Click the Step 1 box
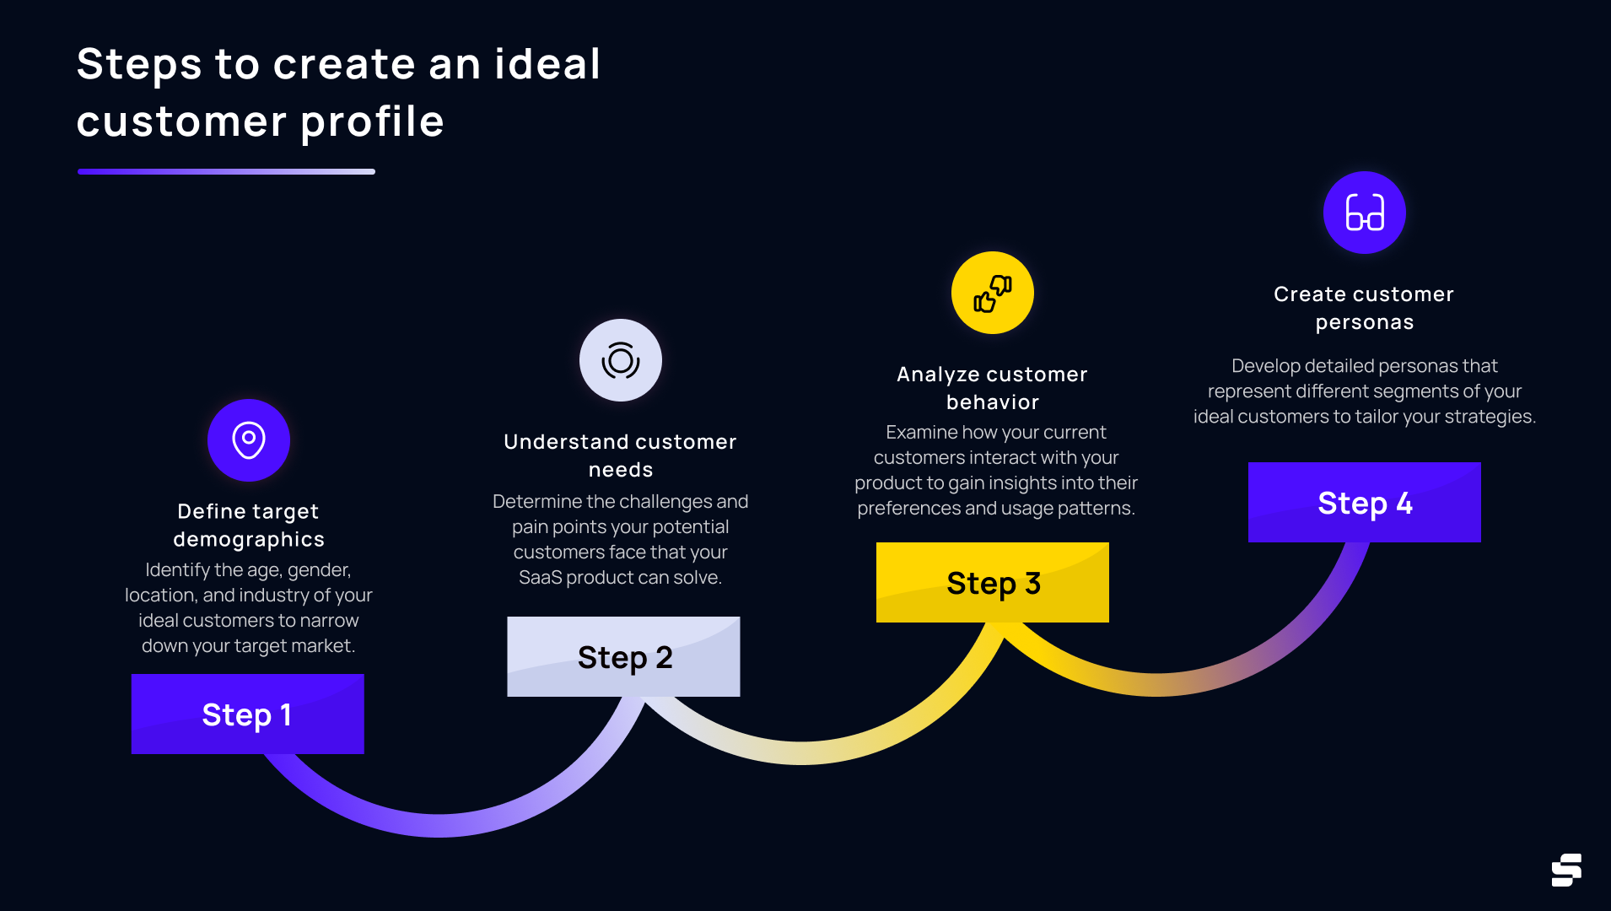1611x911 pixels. [x=247, y=714]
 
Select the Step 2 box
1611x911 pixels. [x=623, y=656]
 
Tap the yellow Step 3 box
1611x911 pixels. [x=992, y=582]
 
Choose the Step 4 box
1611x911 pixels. [x=1364, y=502]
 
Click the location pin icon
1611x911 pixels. [x=249, y=440]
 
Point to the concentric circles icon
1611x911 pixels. [x=621, y=360]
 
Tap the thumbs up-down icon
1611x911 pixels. [x=993, y=293]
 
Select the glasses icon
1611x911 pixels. [x=1365, y=213]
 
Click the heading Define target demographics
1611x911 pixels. [x=249, y=525]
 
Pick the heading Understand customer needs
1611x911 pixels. [x=620, y=455]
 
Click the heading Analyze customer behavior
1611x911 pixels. [x=992, y=388]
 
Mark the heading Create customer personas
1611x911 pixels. [x=1364, y=308]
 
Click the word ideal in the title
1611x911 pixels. [x=547, y=64]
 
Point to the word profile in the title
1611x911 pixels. [x=372, y=122]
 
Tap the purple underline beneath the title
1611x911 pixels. [x=226, y=171]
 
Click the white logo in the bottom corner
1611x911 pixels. [x=1566, y=870]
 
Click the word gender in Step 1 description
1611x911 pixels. [x=318, y=571]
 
